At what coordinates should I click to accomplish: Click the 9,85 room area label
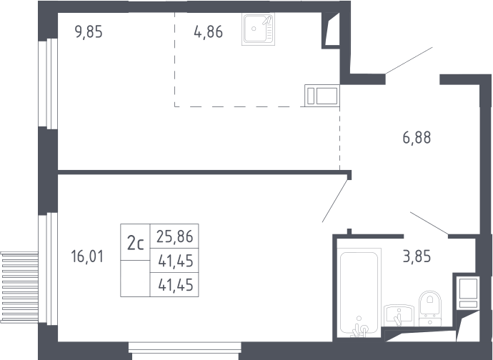coord(89,32)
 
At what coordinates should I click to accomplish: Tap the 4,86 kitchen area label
coord(209,32)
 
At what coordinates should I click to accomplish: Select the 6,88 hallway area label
coord(417,138)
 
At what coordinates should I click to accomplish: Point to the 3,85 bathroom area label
coord(417,256)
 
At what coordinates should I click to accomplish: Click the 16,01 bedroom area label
coord(87,256)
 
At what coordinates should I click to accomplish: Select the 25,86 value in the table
coord(175,236)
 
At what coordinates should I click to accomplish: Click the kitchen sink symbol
coord(259,29)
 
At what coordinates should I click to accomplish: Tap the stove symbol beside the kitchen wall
coord(322,96)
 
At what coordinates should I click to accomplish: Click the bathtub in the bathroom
coord(359,292)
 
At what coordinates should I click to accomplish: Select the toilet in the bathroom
coord(430,309)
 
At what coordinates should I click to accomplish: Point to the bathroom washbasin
coord(399,315)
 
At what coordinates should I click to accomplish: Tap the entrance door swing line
coord(409,61)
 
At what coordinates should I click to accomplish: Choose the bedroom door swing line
coord(335,200)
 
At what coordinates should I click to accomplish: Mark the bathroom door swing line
coord(429,224)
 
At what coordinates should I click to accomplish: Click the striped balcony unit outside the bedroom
coord(19,287)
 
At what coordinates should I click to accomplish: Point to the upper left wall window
coord(48,84)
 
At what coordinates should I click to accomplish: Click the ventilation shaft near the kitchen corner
coord(331,30)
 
